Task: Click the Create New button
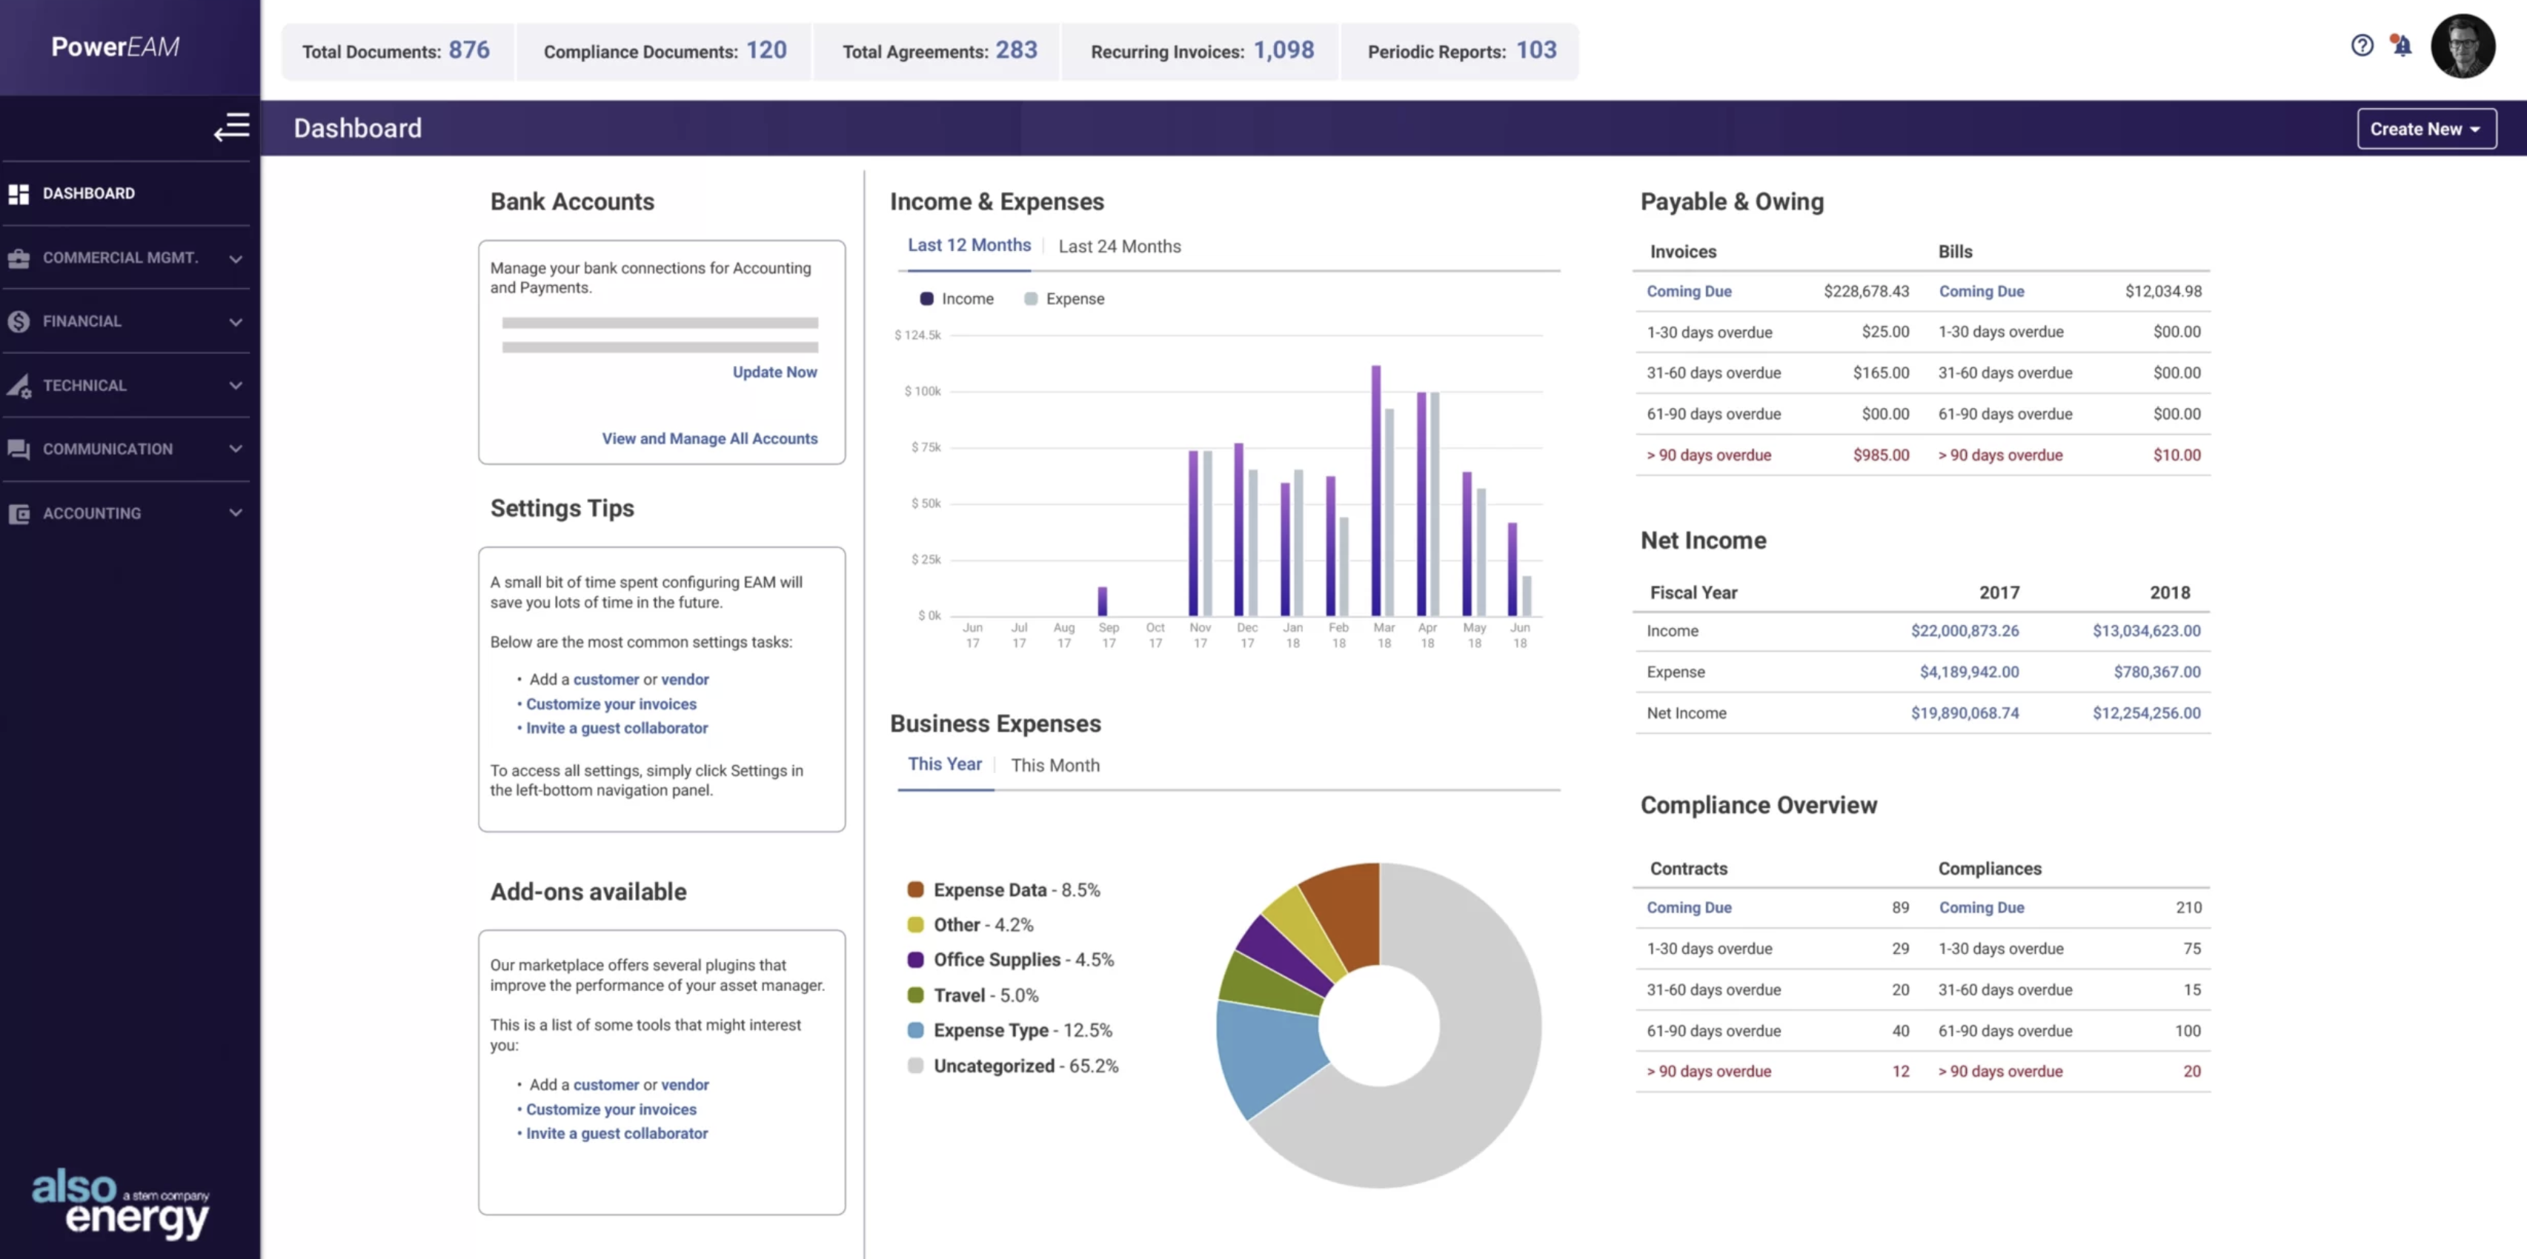2425,128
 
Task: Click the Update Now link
774,372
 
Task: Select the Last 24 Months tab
1118,246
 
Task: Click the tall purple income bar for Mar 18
1375,490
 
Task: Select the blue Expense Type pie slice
1269,1054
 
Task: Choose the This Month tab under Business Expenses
1055,765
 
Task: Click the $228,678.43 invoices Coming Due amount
1866,291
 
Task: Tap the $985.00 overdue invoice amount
1881,455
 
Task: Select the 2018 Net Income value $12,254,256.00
2145,713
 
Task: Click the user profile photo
2463,46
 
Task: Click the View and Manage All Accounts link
709,438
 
